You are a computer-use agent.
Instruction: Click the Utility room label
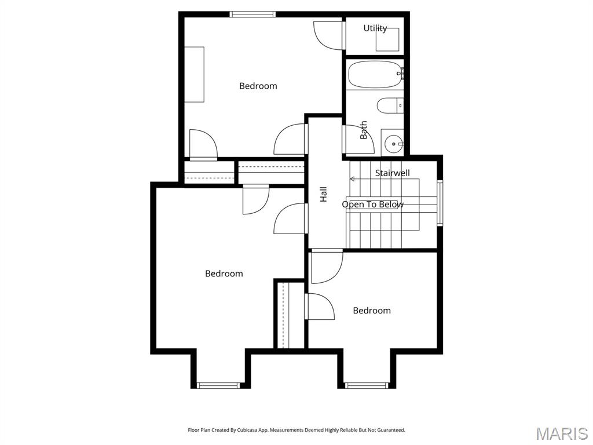(x=375, y=28)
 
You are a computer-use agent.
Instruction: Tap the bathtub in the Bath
(x=375, y=74)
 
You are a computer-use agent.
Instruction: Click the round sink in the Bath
(x=394, y=143)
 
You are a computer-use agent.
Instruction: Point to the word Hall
(x=324, y=194)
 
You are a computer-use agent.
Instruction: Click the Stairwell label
(x=392, y=173)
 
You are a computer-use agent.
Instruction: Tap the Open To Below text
(x=372, y=205)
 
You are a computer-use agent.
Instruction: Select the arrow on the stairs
(x=353, y=179)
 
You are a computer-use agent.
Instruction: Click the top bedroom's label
(x=258, y=86)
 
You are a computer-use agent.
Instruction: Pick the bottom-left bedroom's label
(x=224, y=273)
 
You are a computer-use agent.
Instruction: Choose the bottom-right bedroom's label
(x=371, y=311)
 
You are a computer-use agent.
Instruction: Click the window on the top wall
(x=252, y=14)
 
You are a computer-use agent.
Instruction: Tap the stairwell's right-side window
(x=440, y=203)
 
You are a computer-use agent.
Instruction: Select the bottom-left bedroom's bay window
(x=218, y=385)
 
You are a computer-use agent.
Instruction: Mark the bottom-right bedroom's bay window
(x=366, y=385)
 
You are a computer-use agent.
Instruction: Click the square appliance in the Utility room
(x=387, y=40)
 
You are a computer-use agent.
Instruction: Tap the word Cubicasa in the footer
(x=255, y=430)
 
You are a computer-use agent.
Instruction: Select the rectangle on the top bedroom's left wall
(x=194, y=74)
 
